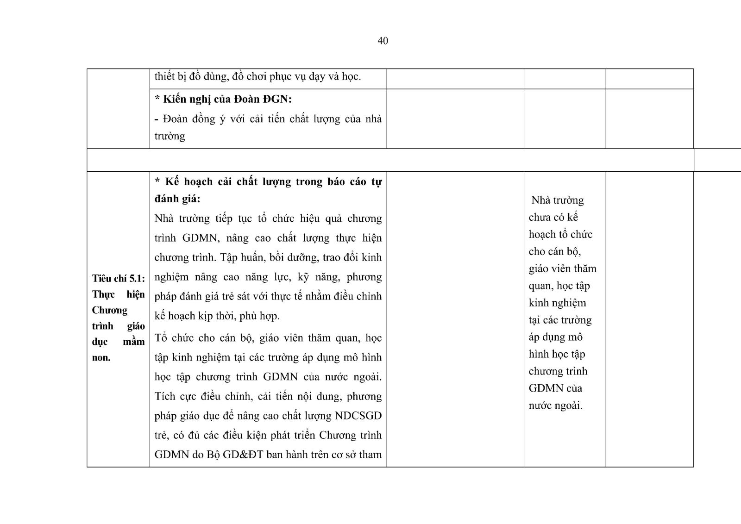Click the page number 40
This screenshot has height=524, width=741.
point(383,41)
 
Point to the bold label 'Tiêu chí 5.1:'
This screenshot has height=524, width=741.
point(119,278)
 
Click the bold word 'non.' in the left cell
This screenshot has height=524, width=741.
point(101,357)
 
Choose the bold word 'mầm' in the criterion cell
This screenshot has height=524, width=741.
point(134,342)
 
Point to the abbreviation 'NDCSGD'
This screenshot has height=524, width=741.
point(358,415)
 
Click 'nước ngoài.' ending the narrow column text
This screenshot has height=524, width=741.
point(555,405)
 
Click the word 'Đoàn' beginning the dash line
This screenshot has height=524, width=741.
point(176,119)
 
